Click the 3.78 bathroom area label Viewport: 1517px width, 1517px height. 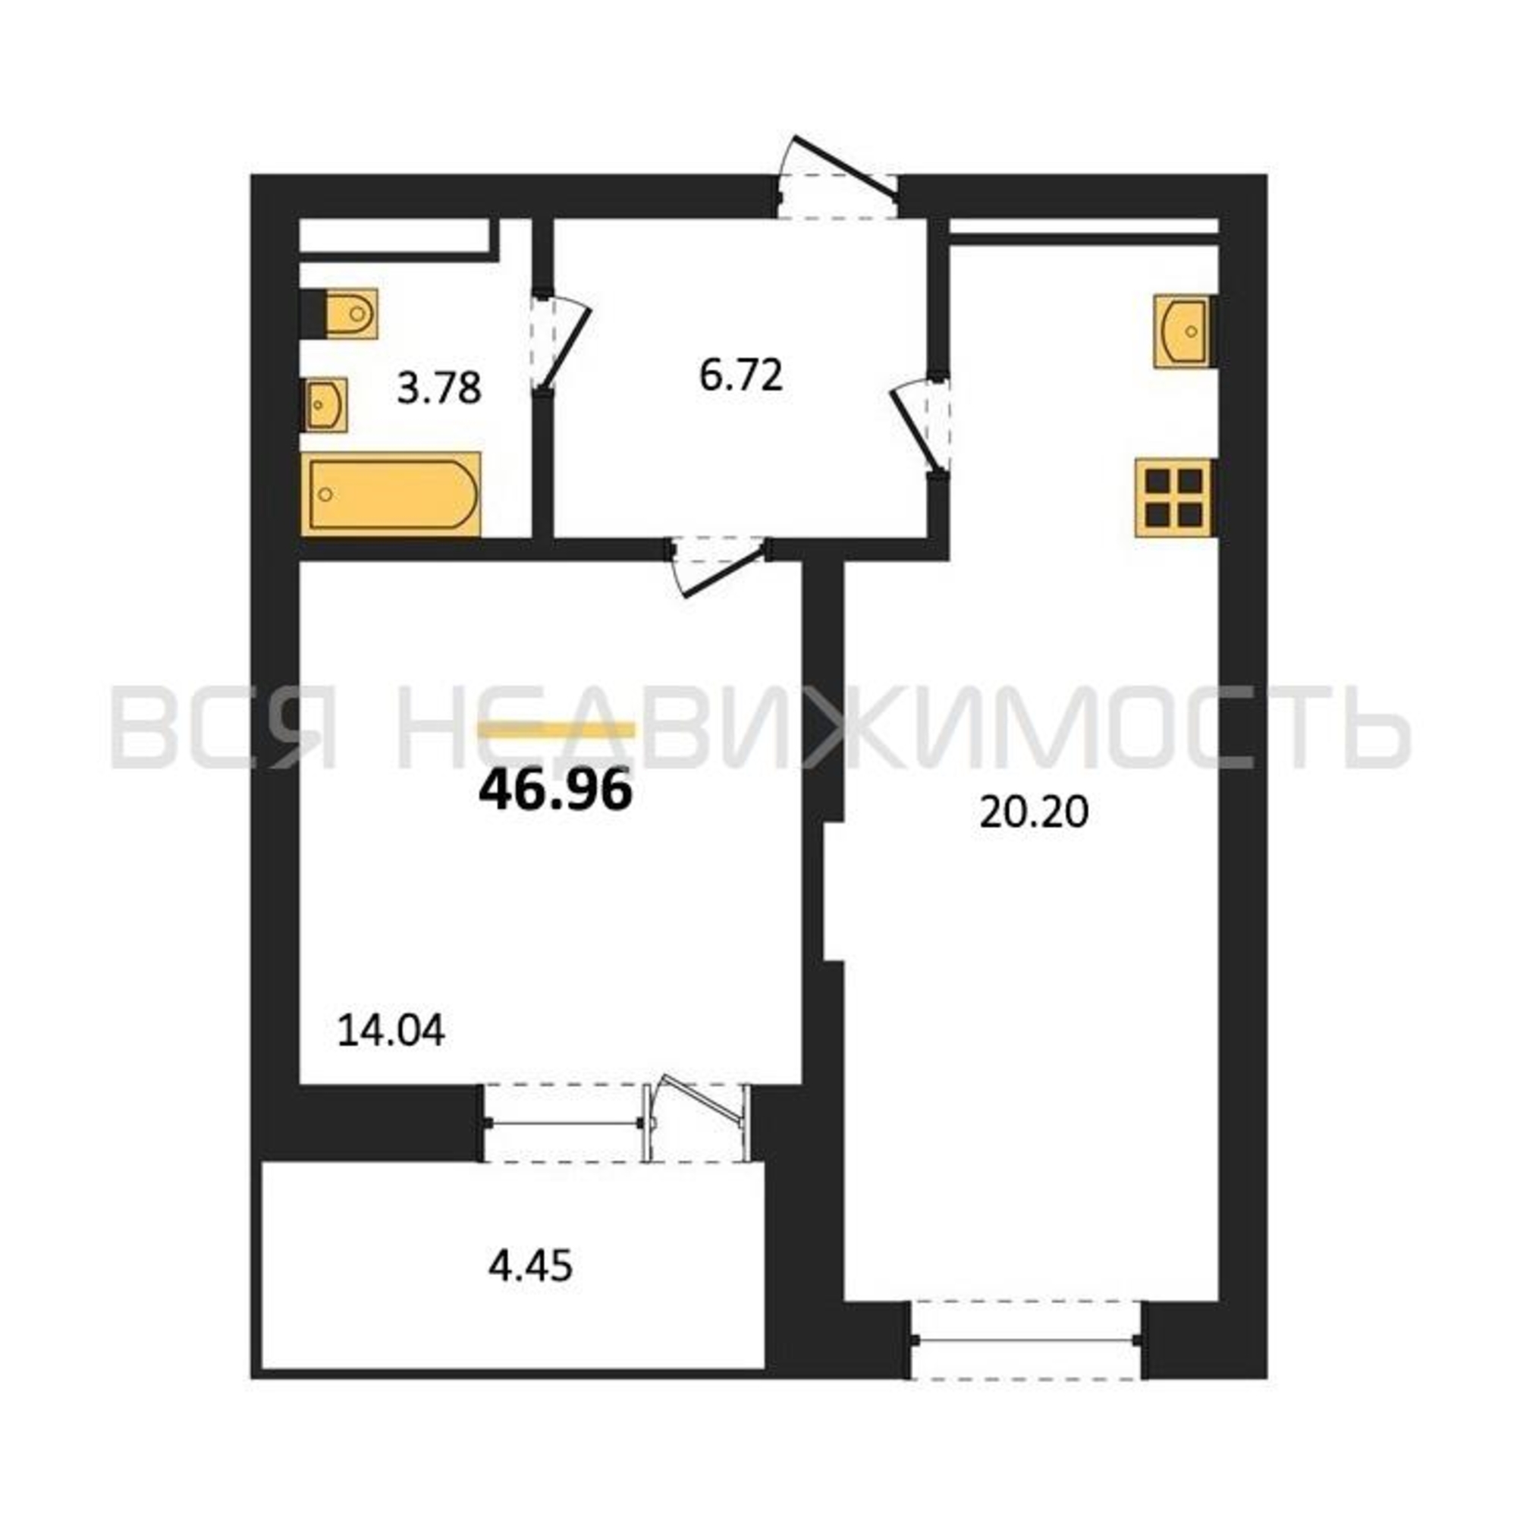pos(439,388)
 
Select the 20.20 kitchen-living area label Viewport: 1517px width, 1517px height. pos(1034,812)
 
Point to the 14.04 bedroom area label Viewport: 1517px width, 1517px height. pos(391,1030)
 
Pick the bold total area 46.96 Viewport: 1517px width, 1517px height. pos(555,790)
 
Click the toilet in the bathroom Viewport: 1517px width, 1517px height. pos(340,313)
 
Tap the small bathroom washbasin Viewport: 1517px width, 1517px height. pos(325,404)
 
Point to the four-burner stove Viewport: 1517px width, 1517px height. pos(1176,498)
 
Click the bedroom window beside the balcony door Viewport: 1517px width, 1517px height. pos(563,1123)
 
